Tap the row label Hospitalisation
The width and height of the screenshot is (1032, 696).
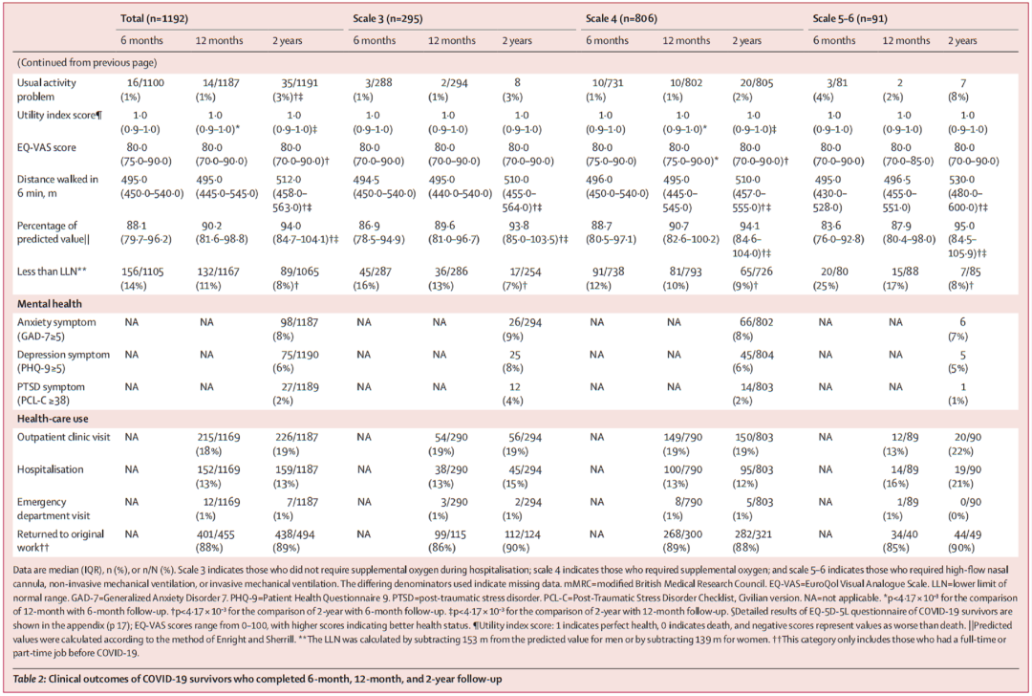50,469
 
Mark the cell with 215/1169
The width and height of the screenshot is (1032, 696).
217,436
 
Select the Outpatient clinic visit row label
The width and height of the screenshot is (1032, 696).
63,436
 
